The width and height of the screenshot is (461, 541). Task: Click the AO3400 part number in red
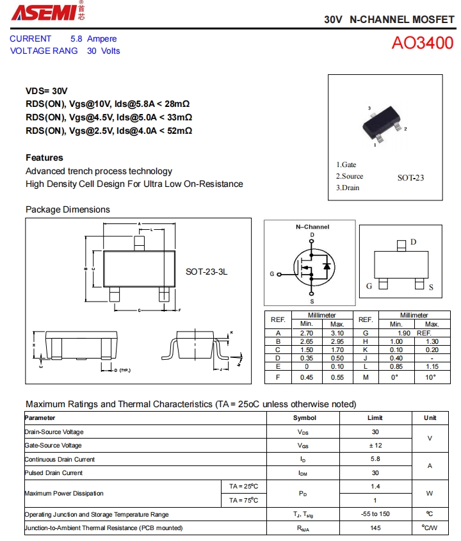point(422,43)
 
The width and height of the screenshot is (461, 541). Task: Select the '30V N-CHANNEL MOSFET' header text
point(389,20)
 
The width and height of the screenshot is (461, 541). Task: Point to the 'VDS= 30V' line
point(46,91)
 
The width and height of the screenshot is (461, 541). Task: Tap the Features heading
point(44,157)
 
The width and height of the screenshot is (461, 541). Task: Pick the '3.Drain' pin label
point(348,188)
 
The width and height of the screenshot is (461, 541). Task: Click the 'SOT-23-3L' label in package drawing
point(206,271)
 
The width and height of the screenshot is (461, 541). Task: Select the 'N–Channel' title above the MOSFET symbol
point(312,227)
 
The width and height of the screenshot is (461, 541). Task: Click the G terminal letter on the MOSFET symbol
point(271,274)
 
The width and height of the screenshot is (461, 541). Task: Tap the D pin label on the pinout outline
point(414,242)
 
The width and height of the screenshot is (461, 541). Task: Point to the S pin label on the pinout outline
point(431,287)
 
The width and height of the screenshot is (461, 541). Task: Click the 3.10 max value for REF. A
point(337,333)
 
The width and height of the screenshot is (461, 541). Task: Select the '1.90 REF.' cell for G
point(414,333)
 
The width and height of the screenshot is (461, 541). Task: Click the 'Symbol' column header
point(304,417)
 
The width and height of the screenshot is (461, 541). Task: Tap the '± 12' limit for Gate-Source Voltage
point(375,446)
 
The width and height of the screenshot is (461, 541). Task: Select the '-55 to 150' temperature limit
point(375,514)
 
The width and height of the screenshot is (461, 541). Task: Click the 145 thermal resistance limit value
point(375,528)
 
